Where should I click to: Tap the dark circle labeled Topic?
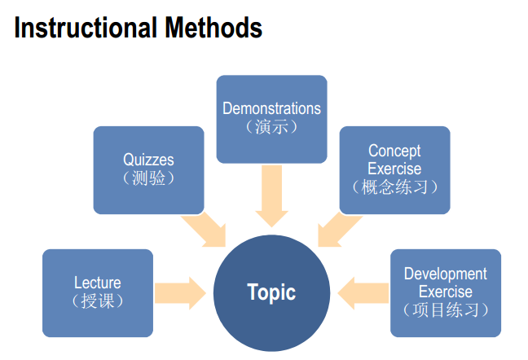click(x=271, y=292)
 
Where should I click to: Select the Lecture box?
click(x=98, y=292)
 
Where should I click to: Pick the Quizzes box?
click(x=148, y=169)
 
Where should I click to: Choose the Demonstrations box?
click(x=271, y=118)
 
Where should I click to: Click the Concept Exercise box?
click(x=394, y=169)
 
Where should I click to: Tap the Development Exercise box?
click(x=445, y=292)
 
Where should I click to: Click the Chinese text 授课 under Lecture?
click(x=98, y=301)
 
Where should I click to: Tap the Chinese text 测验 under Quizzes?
click(x=148, y=178)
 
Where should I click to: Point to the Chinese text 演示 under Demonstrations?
click(x=271, y=126)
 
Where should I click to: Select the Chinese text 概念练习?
click(x=394, y=187)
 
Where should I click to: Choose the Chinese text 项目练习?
click(x=445, y=310)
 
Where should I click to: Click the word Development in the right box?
click(x=445, y=274)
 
